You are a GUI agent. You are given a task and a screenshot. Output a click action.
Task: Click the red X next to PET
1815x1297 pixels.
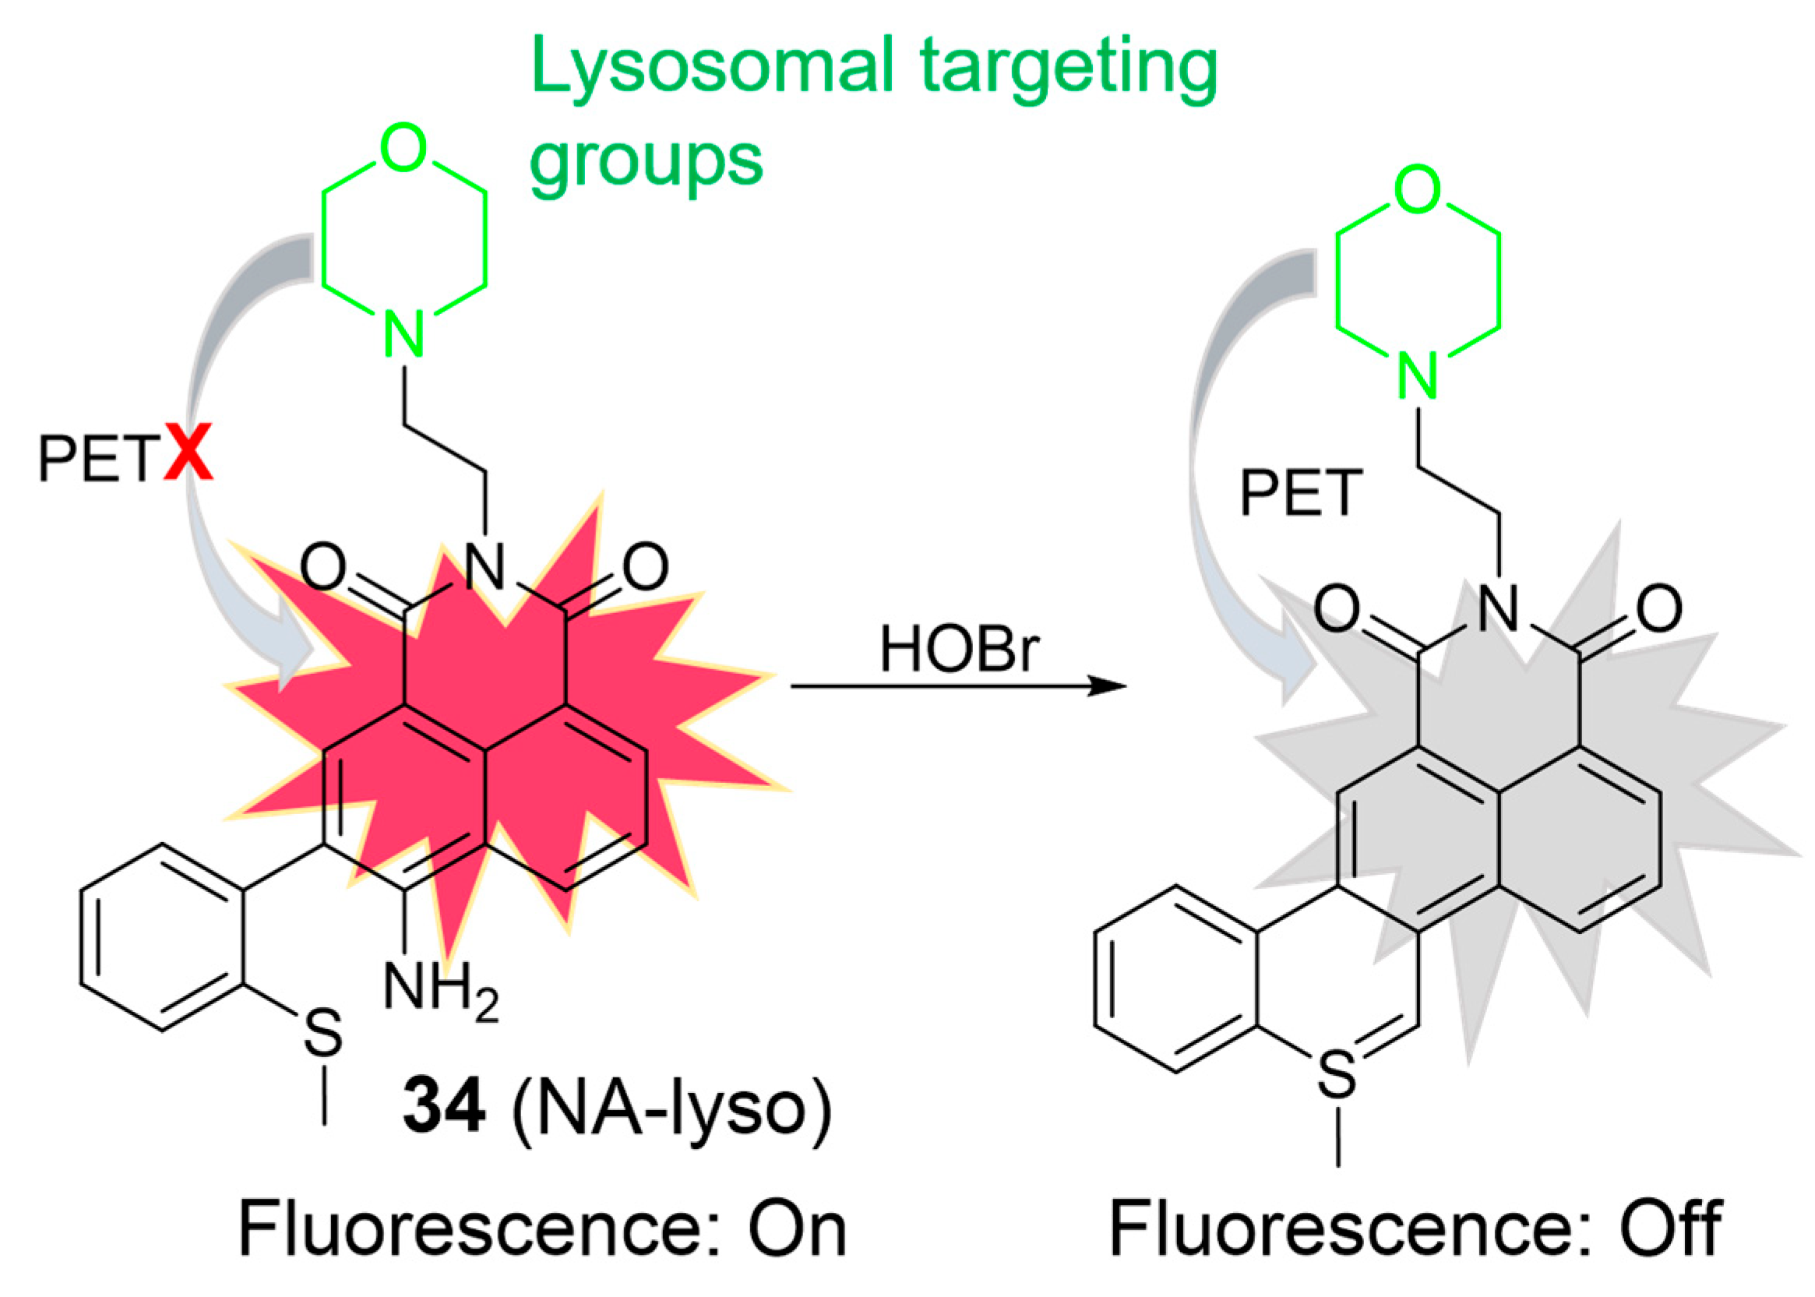click(189, 453)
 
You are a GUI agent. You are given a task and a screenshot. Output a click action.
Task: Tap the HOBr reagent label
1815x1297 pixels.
click(958, 650)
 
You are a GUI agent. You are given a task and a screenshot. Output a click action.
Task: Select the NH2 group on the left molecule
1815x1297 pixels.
click(440, 990)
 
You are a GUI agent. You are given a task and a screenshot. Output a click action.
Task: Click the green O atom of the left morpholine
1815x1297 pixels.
click(404, 148)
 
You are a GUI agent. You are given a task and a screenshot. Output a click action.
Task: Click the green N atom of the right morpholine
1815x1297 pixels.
click(1418, 376)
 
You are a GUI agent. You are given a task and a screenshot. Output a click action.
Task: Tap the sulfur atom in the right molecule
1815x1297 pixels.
click(1337, 1073)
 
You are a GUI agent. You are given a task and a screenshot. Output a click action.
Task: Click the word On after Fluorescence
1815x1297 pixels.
click(796, 1231)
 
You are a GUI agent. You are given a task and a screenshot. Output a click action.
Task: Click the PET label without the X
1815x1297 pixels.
click(1301, 493)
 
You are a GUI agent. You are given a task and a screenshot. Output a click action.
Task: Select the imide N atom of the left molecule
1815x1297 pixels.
click(485, 566)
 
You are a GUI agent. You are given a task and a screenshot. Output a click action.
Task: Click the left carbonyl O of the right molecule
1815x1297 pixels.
click(1337, 609)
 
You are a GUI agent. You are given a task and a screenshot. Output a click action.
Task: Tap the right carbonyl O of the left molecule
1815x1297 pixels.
click(645, 567)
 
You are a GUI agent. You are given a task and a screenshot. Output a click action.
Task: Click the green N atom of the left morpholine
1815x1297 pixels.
click(404, 335)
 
